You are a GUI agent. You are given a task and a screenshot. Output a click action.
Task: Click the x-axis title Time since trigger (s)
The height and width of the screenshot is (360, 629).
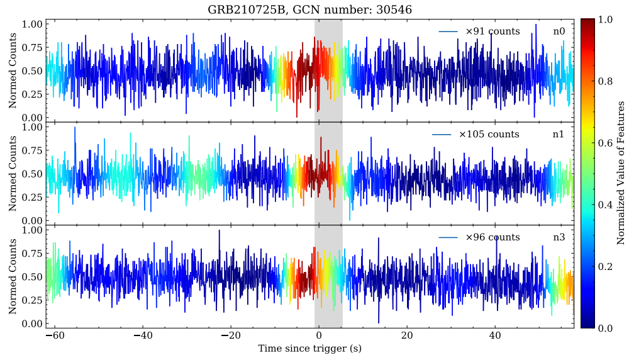click(309, 347)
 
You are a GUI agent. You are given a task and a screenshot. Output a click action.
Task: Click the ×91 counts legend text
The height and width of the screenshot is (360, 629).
click(493, 31)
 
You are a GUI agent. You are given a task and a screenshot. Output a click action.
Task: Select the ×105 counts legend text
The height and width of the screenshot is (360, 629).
click(489, 134)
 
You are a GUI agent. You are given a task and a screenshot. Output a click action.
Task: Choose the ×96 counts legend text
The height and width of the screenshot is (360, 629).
click(493, 237)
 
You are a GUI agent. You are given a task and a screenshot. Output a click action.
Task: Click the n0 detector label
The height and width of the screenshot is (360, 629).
click(559, 31)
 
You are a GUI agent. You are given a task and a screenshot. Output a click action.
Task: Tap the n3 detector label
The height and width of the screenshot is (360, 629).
click(559, 237)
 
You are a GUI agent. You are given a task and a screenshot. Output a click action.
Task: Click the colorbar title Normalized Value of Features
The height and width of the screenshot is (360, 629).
click(620, 172)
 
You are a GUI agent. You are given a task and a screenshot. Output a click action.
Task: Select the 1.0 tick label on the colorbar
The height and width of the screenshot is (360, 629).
click(604, 20)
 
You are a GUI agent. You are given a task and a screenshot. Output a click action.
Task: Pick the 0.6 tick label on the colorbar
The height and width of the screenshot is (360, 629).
click(604, 143)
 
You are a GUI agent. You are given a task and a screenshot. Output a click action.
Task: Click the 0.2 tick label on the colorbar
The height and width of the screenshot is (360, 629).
click(604, 266)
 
